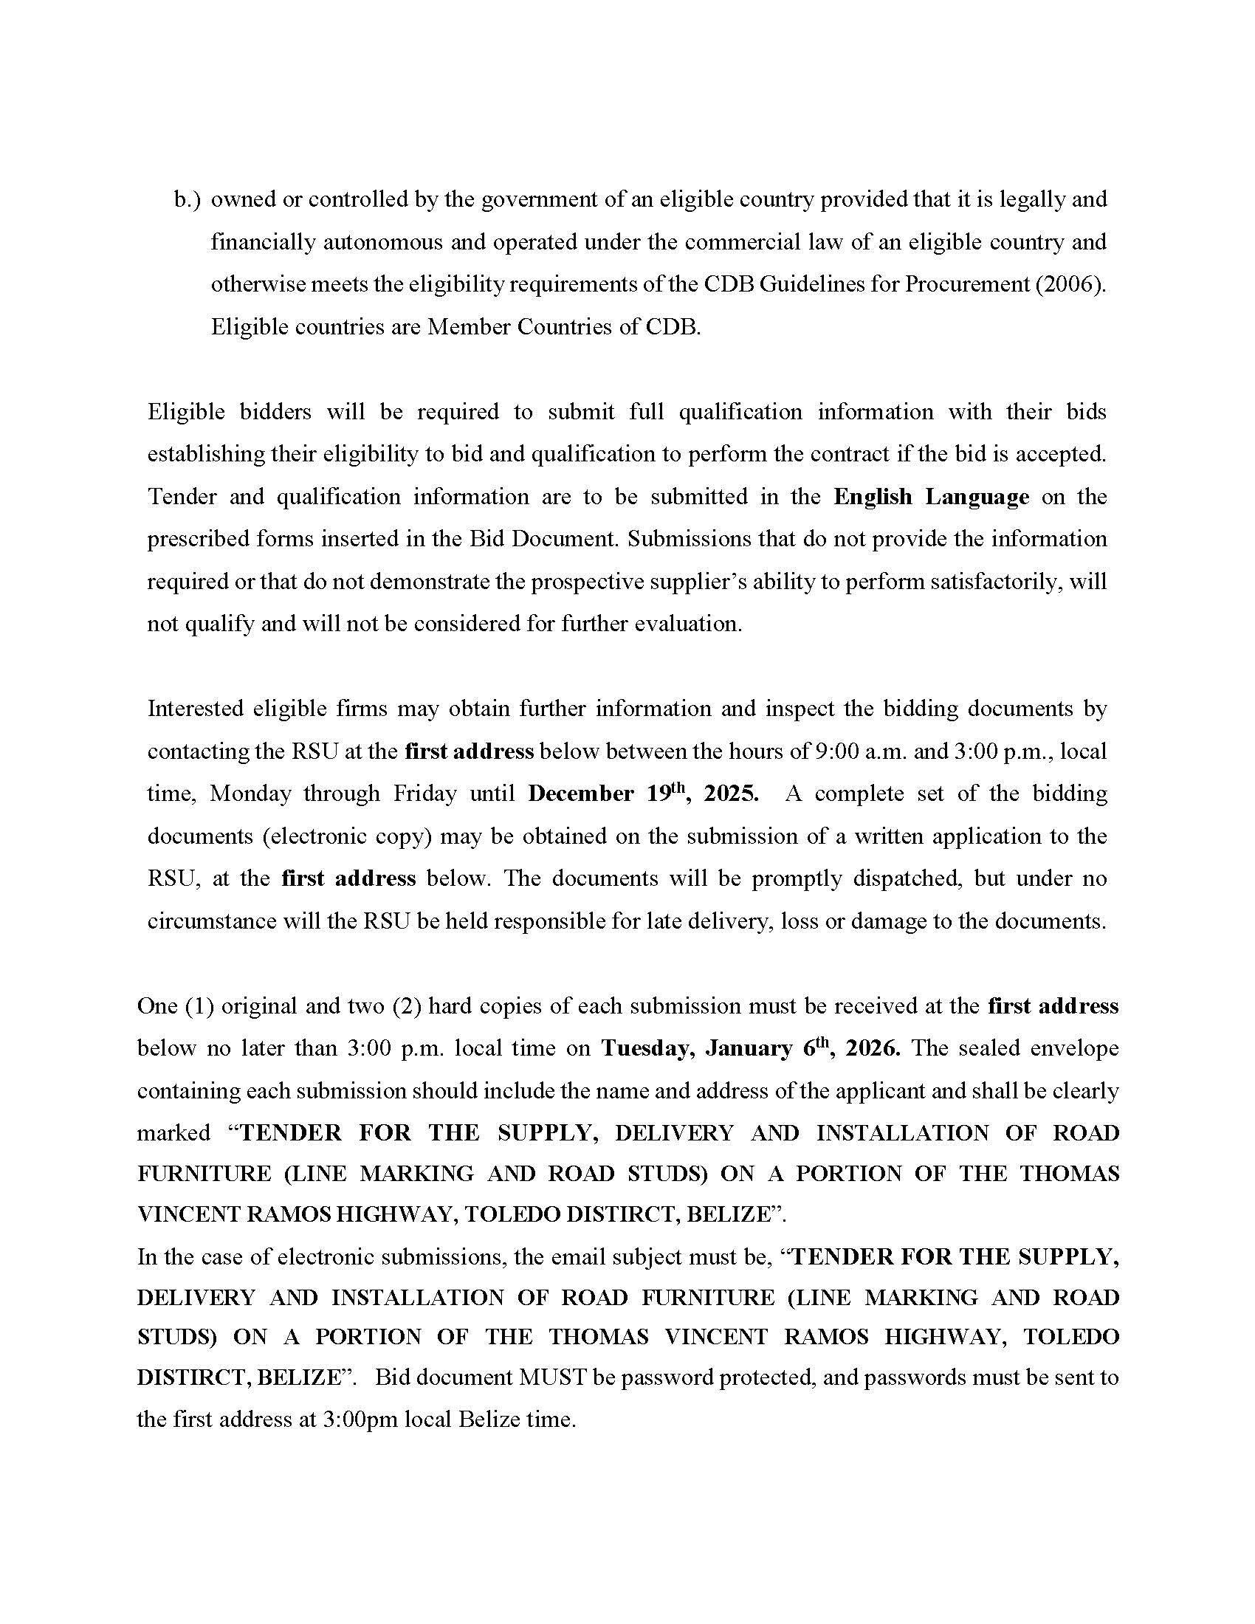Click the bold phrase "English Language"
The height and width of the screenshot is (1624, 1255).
(931, 496)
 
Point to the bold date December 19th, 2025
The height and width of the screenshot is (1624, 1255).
(643, 793)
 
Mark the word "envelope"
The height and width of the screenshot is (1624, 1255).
(1070, 1047)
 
